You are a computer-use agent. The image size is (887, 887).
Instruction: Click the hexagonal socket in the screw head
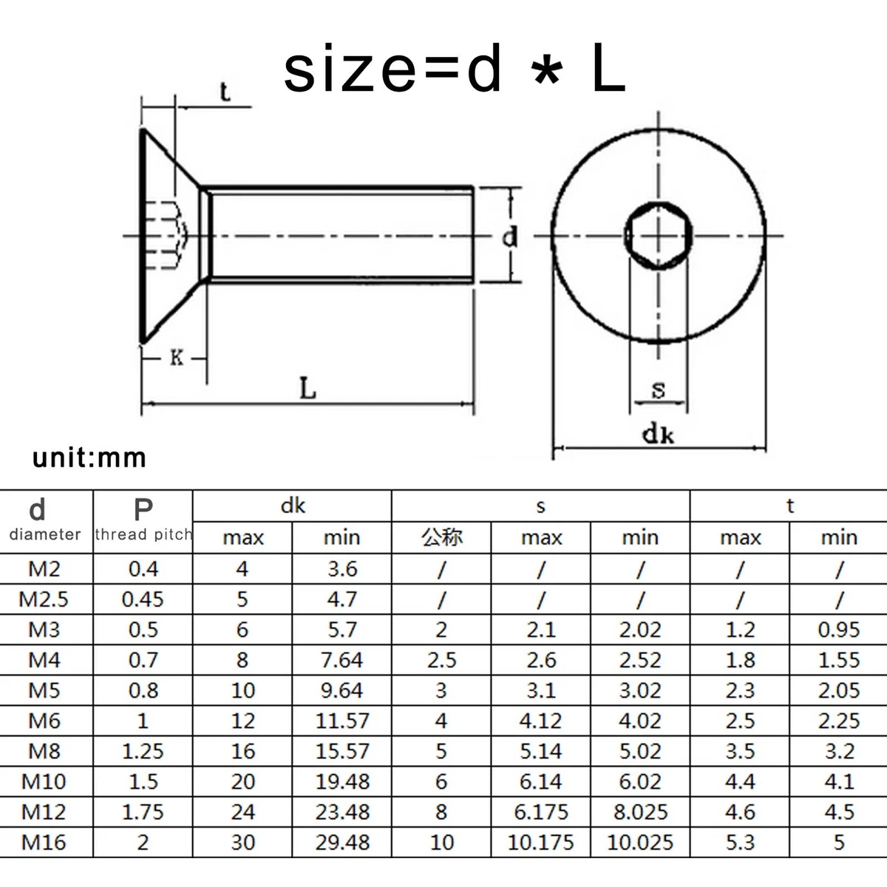tap(659, 236)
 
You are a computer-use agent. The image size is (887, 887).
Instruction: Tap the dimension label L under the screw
tap(308, 388)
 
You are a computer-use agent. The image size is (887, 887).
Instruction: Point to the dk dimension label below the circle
tap(659, 434)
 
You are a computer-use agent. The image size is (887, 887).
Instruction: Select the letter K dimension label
tap(177, 358)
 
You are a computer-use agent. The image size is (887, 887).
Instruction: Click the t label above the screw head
tap(225, 92)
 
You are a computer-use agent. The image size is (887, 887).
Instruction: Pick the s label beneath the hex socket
tap(659, 390)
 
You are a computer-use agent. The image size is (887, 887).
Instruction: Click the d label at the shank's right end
tap(509, 237)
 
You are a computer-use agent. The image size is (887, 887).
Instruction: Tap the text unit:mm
tap(89, 458)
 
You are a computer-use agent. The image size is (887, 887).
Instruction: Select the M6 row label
tap(44, 721)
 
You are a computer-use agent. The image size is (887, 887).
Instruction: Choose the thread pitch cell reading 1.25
tap(143, 751)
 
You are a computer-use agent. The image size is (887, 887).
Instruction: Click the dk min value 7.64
tap(341, 659)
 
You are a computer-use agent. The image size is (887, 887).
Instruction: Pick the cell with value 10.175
tap(540, 842)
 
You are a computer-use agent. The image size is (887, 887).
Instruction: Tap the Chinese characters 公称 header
tap(441, 537)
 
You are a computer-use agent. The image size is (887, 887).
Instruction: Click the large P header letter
tap(143, 509)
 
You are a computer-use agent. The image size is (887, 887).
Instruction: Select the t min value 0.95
tap(839, 629)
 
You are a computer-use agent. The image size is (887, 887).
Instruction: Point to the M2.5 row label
tap(44, 599)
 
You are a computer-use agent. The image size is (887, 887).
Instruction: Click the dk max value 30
tap(242, 842)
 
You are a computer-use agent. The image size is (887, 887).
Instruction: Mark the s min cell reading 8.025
tap(640, 812)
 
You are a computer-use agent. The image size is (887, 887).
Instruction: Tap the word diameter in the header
tap(45, 534)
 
